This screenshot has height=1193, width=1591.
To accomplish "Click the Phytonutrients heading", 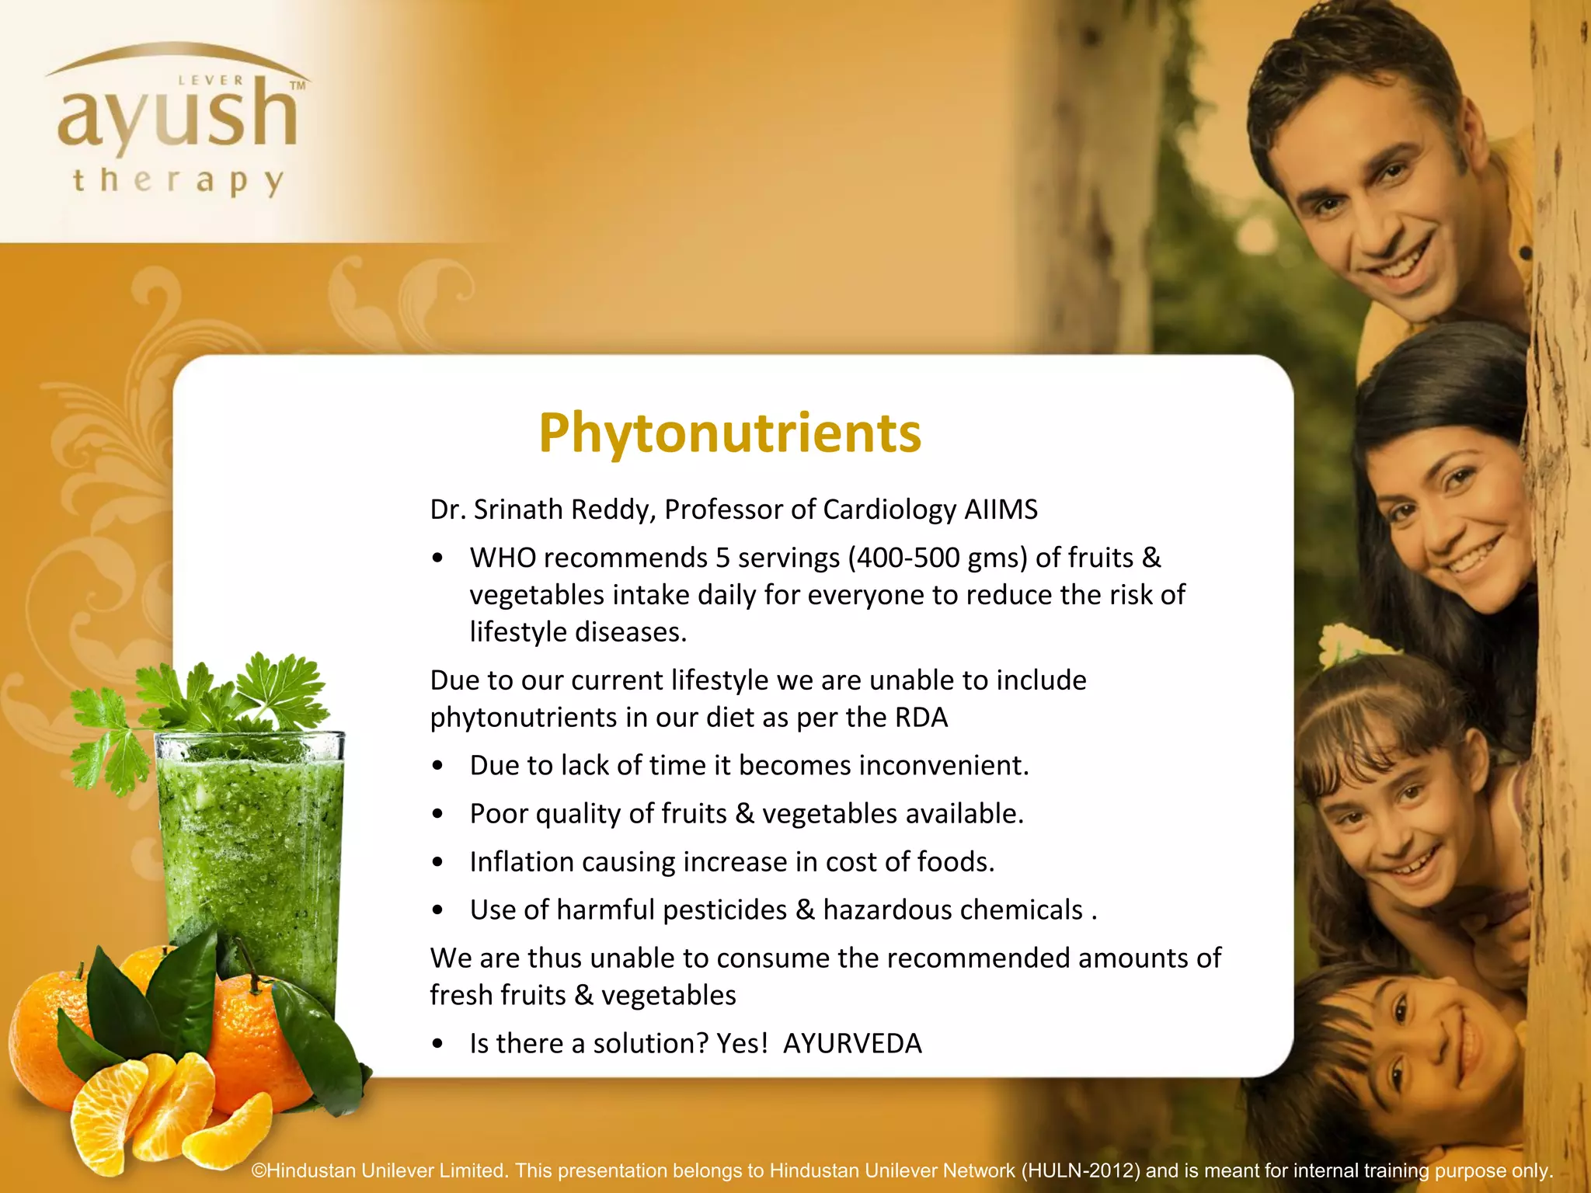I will click(x=729, y=433).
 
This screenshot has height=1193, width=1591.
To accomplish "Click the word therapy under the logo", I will click(x=178, y=182).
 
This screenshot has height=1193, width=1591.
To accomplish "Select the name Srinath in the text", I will click(x=517, y=510).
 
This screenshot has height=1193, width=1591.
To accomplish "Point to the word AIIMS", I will click(x=1001, y=510).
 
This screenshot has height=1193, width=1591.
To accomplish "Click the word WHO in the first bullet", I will click(x=502, y=558).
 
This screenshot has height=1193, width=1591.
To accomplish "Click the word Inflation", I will click(x=521, y=862).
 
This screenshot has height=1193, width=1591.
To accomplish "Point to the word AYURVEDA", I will click(x=852, y=1043).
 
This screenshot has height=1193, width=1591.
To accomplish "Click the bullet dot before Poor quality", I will click(x=438, y=814).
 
